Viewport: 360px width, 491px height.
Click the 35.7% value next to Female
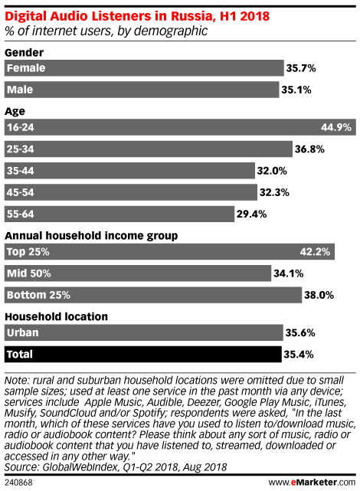click(300, 68)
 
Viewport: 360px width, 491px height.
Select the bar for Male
click(142, 90)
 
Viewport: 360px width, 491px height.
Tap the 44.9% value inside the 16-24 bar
click(336, 127)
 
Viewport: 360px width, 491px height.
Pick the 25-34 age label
click(21, 149)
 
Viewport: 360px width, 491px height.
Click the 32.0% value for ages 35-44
click(272, 171)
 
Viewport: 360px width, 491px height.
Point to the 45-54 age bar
click(130, 192)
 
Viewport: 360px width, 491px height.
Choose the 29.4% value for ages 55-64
click(251, 214)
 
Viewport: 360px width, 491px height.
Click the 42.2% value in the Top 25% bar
click(315, 252)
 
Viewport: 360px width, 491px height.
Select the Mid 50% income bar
click(138, 273)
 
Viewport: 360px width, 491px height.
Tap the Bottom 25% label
click(38, 295)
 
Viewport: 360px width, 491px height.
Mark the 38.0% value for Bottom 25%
click(319, 295)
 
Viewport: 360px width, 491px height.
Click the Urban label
click(22, 332)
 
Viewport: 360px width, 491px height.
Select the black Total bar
click(142, 354)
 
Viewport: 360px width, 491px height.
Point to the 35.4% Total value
click(299, 355)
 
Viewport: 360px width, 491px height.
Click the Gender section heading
click(24, 53)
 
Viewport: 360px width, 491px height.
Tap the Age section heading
click(15, 112)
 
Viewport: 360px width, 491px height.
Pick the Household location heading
click(57, 316)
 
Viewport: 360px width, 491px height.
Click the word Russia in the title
click(193, 16)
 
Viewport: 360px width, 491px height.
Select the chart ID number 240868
click(18, 483)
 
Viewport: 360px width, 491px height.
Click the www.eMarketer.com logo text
click(312, 483)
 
